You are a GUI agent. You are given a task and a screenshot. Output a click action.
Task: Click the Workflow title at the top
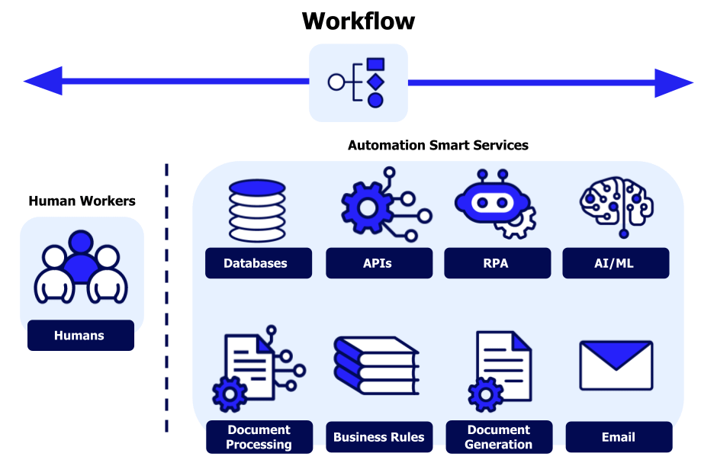[358, 21]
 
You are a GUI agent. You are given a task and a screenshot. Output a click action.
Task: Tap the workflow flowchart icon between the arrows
[358, 82]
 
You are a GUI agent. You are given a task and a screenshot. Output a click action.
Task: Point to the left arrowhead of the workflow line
[42, 82]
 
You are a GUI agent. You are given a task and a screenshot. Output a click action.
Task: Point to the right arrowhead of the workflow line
[674, 82]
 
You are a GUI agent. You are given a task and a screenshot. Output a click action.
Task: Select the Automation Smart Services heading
[438, 145]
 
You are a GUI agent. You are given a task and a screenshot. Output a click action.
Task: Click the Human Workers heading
[82, 201]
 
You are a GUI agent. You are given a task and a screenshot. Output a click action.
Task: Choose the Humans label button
[80, 335]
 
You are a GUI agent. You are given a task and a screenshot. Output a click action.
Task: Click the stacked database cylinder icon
[257, 210]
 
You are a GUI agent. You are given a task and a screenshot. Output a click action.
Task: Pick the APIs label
[378, 263]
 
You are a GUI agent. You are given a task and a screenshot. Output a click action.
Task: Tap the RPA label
[497, 263]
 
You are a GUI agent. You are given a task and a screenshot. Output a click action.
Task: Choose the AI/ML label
[616, 263]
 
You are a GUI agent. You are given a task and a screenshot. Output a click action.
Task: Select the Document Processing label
[259, 437]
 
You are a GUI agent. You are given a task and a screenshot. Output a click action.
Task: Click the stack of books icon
[376, 366]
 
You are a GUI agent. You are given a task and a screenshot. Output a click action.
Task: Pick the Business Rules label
[379, 437]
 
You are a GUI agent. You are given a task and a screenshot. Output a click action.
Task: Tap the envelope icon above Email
[616, 365]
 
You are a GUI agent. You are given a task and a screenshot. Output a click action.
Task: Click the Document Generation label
[499, 437]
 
